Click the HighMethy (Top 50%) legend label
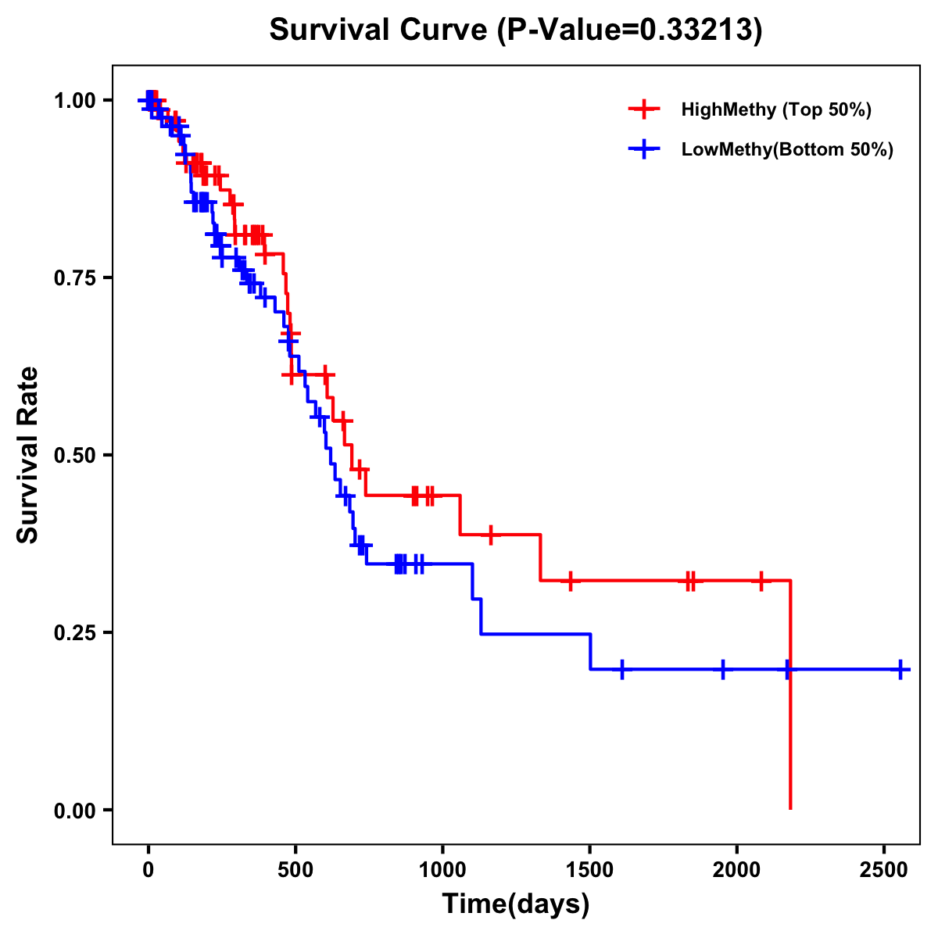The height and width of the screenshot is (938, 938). coord(776,109)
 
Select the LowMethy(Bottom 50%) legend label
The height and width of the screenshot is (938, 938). coord(787,149)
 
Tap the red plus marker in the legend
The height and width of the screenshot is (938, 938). coord(643,109)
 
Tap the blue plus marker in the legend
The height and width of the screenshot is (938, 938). coord(643,149)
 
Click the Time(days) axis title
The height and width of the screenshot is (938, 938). coord(516,904)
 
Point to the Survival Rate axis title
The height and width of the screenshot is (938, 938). coord(28,455)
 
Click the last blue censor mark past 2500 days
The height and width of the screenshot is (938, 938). coord(900,670)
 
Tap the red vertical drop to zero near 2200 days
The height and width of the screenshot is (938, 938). coord(790,703)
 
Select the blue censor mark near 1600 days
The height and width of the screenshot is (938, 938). coord(621,670)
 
